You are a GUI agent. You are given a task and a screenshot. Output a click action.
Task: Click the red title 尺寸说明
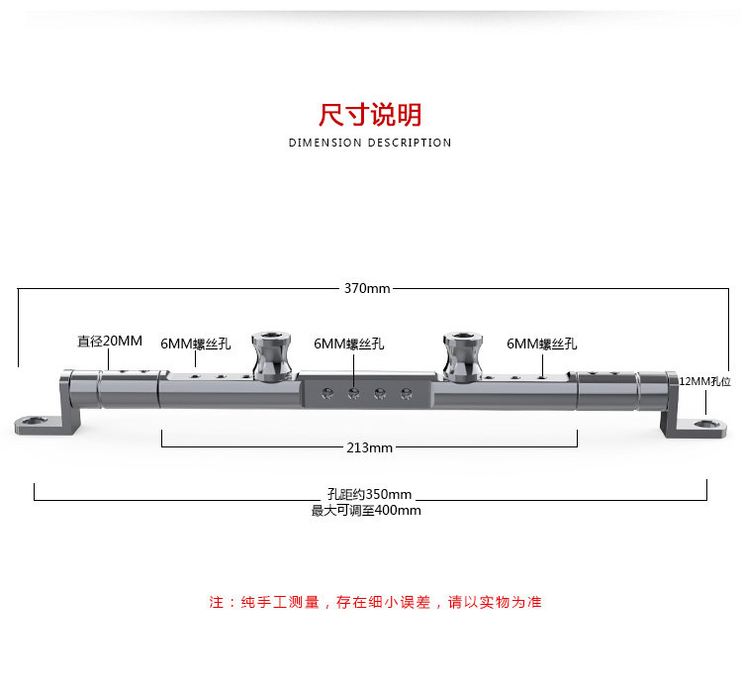pyautogui.click(x=370, y=115)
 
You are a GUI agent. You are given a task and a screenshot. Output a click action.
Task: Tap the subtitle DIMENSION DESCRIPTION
pyautogui.click(x=370, y=143)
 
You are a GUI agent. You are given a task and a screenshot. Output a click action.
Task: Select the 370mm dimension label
pyautogui.click(x=367, y=288)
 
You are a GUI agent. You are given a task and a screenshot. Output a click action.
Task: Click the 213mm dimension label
pyautogui.click(x=370, y=447)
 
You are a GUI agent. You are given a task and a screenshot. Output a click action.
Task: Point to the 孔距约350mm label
pyautogui.click(x=369, y=494)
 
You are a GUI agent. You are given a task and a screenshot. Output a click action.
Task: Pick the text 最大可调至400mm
pyautogui.click(x=366, y=511)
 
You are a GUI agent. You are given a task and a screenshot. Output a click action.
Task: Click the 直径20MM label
pyautogui.click(x=110, y=341)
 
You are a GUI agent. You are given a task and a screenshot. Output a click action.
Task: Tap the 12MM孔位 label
pyautogui.click(x=704, y=381)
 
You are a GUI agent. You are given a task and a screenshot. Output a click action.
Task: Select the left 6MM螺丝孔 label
pyautogui.click(x=196, y=344)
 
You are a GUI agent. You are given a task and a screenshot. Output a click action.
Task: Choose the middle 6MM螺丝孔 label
pyautogui.click(x=349, y=344)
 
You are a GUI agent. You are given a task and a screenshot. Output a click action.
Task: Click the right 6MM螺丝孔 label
pyautogui.click(x=542, y=344)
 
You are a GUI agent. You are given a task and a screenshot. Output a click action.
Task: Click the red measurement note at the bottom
pyautogui.click(x=375, y=602)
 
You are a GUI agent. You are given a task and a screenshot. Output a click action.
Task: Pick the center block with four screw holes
pyautogui.click(x=366, y=393)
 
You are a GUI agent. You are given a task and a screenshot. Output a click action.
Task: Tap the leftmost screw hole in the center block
pyautogui.click(x=327, y=394)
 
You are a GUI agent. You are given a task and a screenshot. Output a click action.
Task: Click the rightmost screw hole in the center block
pyautogui.click(x=405, y=394)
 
